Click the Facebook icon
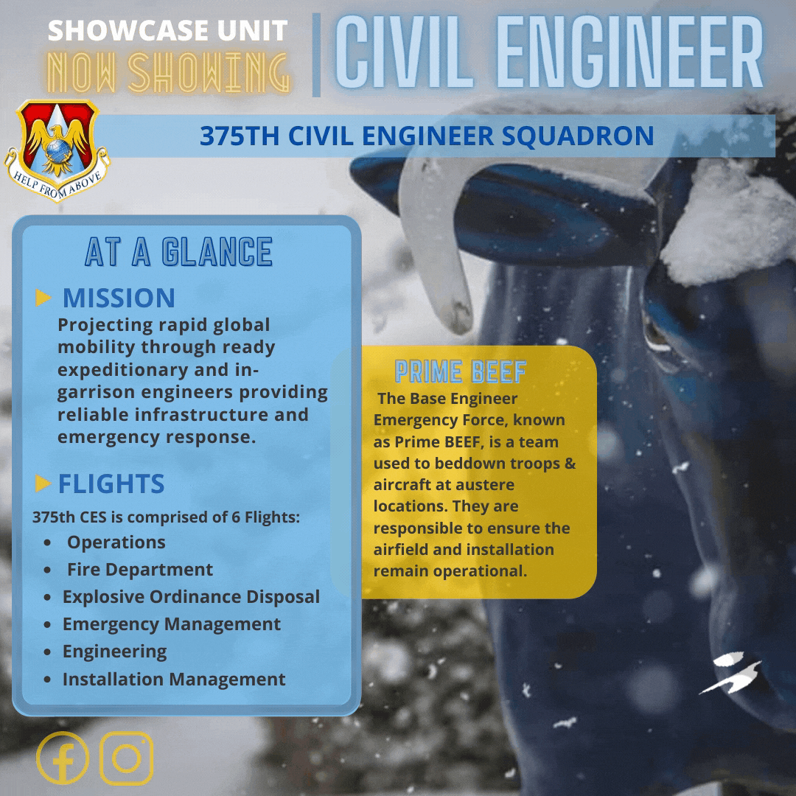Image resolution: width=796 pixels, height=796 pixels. (x=62, y=758)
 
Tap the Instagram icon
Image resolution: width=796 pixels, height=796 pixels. (x=126, y=758)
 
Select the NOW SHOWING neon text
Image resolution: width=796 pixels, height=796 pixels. (x=167, y=72)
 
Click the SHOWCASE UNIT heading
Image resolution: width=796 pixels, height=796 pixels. (x=167, y=31)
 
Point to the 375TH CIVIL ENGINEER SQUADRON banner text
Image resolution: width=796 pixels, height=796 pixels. (x=427, y=136)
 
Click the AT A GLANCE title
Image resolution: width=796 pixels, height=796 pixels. (x=178, y=252)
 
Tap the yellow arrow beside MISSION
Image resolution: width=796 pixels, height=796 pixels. (x=43, y=298)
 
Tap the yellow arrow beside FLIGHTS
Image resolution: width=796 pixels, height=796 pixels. (x=43, y=483)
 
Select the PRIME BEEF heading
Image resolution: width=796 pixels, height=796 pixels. (x=460, y=371)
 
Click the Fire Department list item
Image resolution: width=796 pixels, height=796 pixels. (x=139, y=570)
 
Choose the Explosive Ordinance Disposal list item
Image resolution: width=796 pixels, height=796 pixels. (x=191, y=597)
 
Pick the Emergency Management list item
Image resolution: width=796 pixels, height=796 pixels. (x=171, y=624)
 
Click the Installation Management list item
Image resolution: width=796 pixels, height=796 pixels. (x=174, y=679)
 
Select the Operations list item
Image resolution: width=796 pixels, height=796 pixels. (x=116, y=542)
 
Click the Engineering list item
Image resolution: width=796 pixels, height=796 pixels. (x=114, y=652)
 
